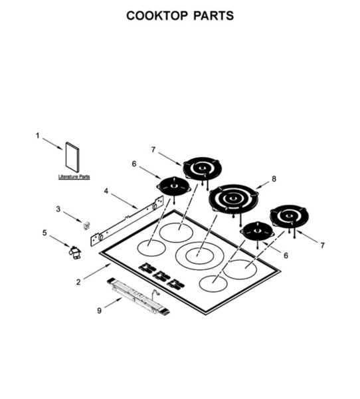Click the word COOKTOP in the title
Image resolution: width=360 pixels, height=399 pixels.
(x=157, y=16)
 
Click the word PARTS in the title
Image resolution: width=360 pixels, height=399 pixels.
(x=214, y=16)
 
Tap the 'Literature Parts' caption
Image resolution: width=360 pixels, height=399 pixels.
(x=74, y=177)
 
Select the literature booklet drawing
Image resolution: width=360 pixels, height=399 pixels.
(x=72, y=157)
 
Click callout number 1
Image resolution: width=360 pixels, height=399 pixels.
(x=38, y=136)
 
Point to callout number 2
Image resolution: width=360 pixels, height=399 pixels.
(x=78, y=282)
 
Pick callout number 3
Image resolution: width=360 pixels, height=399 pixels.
(x=58, y=209)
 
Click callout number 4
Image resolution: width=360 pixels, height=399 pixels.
(x=106, y=191)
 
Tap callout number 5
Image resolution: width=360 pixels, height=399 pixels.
(x=45, y=233)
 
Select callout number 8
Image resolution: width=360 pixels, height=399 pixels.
(x=274, y=179)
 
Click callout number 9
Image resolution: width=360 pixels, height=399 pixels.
(x=99, y=311)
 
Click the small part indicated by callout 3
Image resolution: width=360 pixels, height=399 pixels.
(x=87, y=225)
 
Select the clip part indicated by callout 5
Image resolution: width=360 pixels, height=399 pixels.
(x=75, y=253)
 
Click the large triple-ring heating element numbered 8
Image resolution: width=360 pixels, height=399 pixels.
(x=233, y=198)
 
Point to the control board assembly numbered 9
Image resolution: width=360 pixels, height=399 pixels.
(x=139, y=297)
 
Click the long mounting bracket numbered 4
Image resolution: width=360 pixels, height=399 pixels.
(x=127, y=220)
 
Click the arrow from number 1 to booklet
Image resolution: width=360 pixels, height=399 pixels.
(x=52, y=144)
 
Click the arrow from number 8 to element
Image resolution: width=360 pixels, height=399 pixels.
(x=262, y=186)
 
